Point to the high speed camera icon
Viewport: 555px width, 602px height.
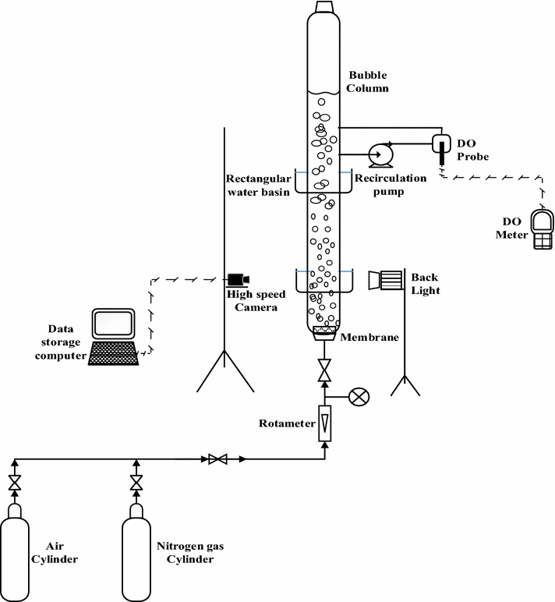tap(238, 278)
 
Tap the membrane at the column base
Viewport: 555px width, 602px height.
tap(324, 334)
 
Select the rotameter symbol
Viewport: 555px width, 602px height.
tap(324, 423)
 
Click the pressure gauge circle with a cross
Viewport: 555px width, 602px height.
tap(358, 396)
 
